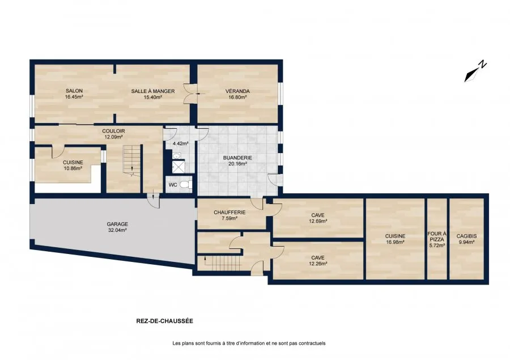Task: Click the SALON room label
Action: [74, 91]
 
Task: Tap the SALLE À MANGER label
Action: [153, 91]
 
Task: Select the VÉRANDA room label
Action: [237, 91]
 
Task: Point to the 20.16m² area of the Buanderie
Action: [237, 164]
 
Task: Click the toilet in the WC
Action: [186, 185]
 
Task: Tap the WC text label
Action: [173, 185]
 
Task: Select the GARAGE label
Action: [117, 224]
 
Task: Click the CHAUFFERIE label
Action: [229, 212]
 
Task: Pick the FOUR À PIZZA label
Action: [437, 236]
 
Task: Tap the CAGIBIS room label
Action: [466, 236]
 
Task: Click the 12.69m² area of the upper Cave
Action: [318, 221]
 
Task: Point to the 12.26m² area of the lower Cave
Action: [318, 264]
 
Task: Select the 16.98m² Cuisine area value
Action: [395, 242]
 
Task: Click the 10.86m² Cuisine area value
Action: [73, 168]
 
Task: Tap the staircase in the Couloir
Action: [131, 159]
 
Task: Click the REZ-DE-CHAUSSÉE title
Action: [164, 321]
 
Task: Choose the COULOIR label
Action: [113, 131]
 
